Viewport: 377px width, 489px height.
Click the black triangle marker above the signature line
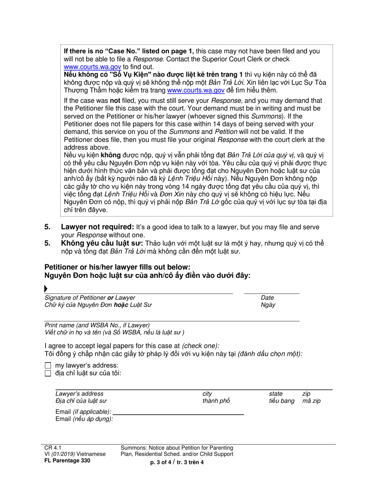[46, 289]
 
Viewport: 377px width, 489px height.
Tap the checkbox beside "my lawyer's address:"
[48, 365]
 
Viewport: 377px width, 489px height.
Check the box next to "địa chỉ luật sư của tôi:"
[48, 373]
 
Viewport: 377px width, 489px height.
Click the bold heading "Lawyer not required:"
[97, 227]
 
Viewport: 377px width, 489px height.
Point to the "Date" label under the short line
[267, 298]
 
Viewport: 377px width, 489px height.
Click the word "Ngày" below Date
[267, 305]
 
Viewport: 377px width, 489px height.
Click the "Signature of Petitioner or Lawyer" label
[90, 298]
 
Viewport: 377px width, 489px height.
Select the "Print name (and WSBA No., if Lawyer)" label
[97, 325]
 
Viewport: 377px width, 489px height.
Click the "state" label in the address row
[276, 394]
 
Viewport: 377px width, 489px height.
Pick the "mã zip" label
[311, 401]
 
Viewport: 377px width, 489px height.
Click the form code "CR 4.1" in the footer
[51, 448]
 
